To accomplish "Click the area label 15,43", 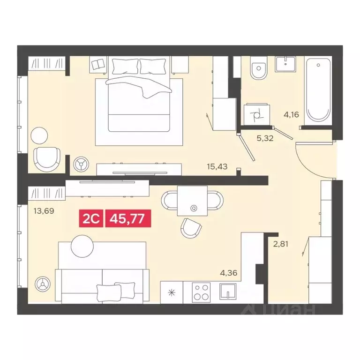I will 217,166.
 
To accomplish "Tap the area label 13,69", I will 44,211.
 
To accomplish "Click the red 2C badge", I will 92,217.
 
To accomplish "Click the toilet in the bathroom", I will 257,70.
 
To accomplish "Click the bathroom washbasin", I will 285,64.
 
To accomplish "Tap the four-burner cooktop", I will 202,292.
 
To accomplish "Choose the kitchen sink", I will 228,292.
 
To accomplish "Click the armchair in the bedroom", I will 48,158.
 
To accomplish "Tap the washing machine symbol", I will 256,114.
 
